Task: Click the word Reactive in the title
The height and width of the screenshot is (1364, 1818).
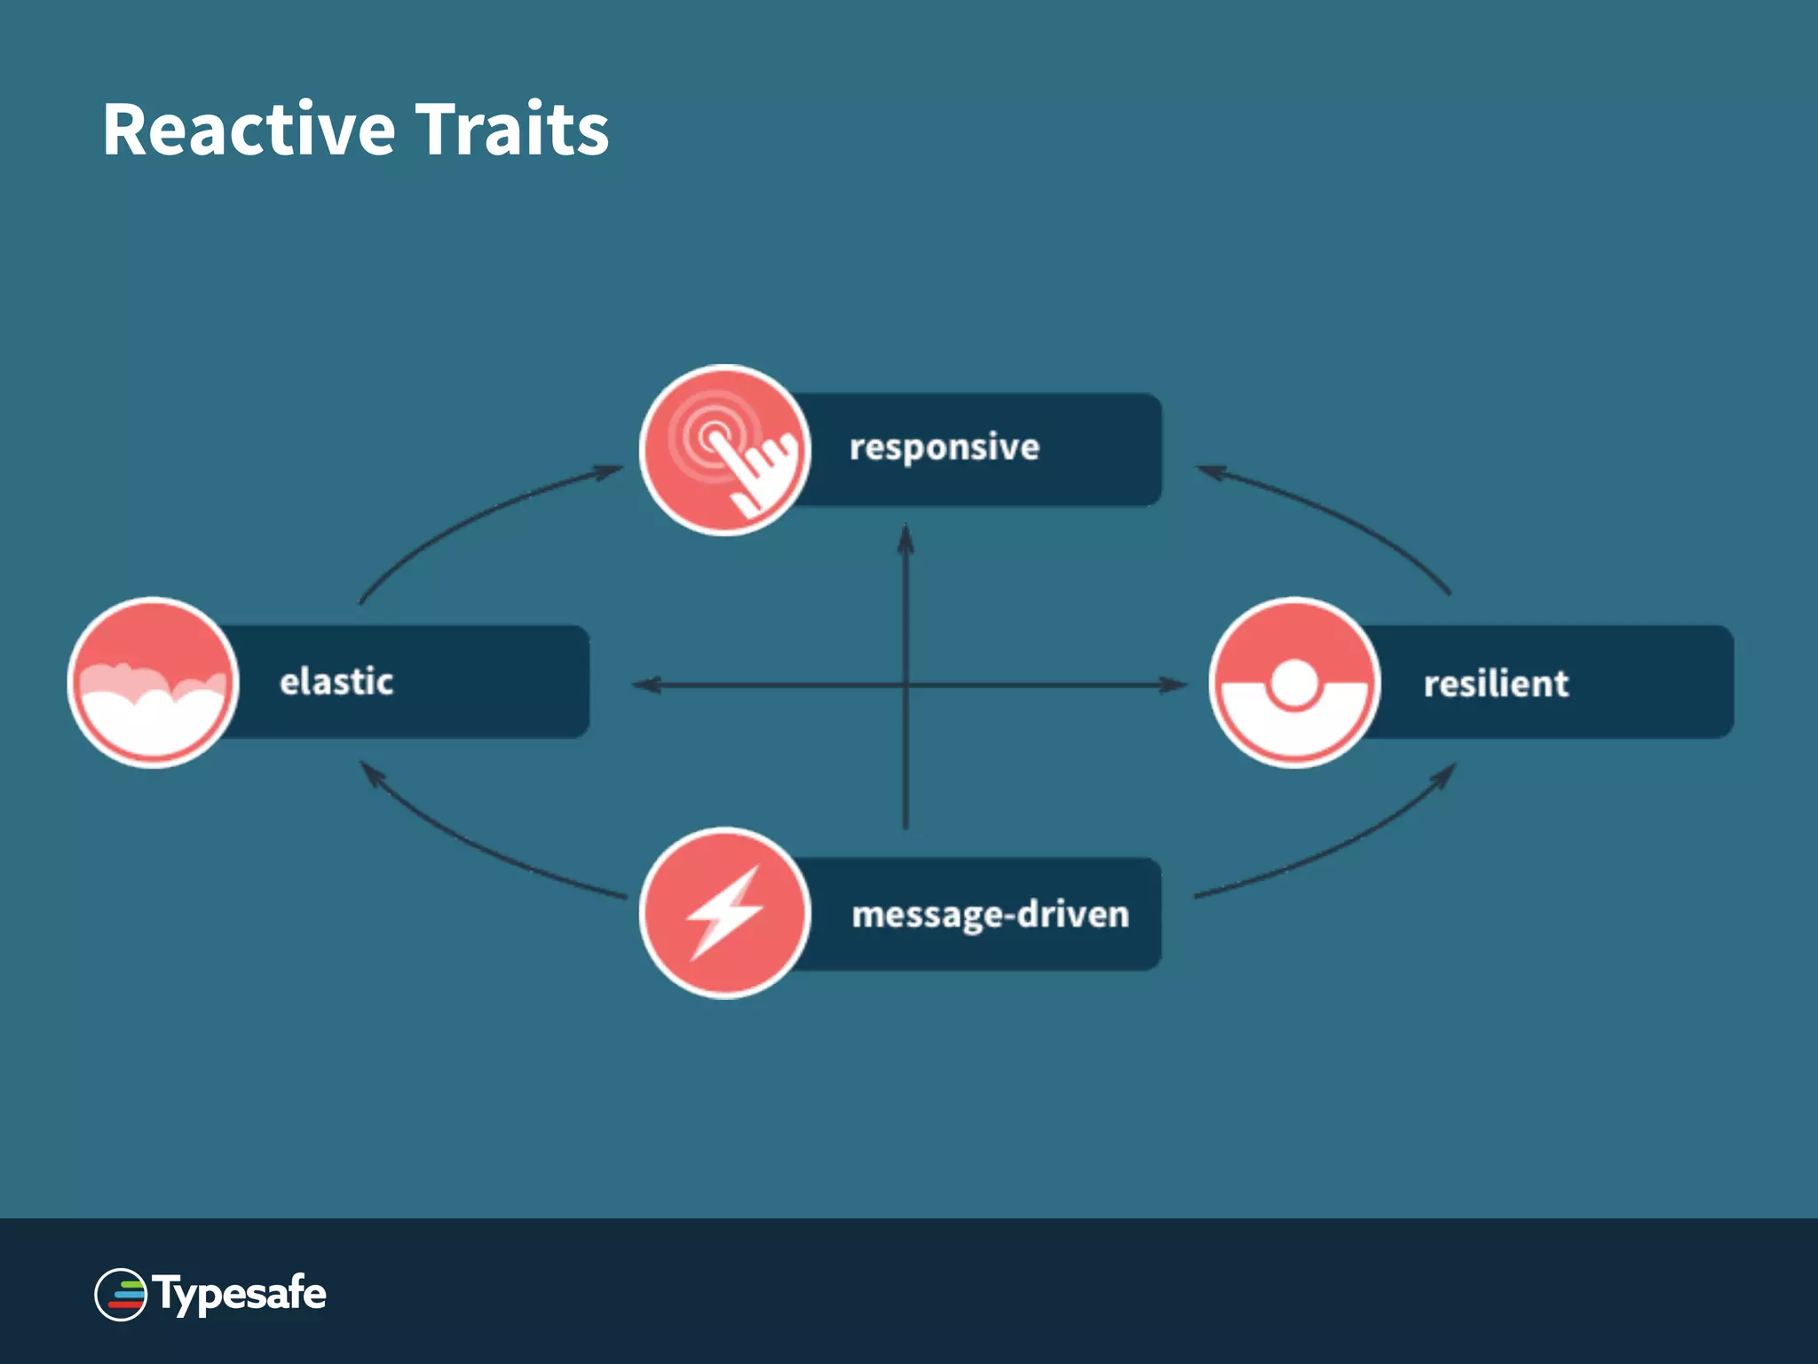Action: click(249, 130)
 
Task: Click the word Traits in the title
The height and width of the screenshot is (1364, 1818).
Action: click(512, 130)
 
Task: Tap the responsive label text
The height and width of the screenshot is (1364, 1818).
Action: click(944, 448)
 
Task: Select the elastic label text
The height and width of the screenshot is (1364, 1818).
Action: click(336, 682)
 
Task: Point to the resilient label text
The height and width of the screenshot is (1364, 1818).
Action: click(1496, 684)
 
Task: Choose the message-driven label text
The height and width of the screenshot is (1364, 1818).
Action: click(990, 915)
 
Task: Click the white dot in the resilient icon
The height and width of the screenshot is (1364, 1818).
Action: click(1294, 682)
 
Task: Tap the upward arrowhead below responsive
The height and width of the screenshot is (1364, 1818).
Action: click(905, 538)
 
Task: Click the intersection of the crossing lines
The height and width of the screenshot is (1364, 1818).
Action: click(905, 685)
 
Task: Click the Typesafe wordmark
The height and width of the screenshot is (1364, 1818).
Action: click(240, 1294)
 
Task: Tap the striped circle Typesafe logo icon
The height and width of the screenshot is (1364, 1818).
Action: click(121, 1295)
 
